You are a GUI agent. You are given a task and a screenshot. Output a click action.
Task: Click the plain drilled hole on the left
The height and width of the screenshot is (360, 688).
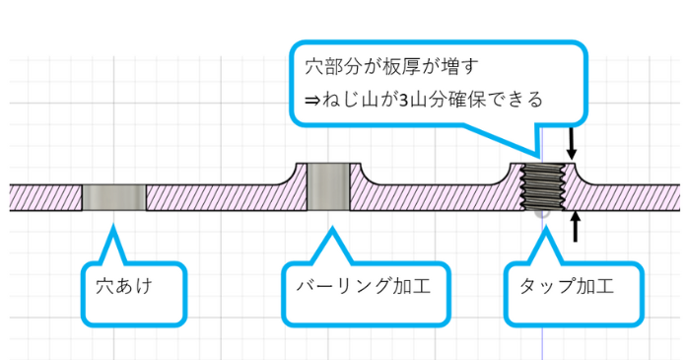113,197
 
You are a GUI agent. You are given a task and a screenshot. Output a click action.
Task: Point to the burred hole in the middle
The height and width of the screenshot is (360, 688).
330,187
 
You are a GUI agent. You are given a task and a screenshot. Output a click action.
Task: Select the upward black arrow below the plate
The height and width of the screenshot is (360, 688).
576,226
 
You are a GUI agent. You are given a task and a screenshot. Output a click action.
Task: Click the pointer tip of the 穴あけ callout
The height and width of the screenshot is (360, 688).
114,229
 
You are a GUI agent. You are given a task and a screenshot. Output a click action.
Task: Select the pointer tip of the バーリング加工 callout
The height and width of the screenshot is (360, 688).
331,231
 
